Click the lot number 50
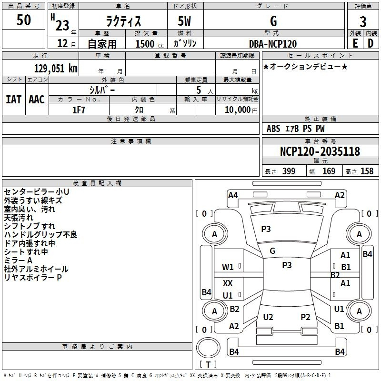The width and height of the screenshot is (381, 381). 23,20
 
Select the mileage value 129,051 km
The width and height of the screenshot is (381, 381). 56,68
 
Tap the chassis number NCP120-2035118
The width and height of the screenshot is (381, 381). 320,151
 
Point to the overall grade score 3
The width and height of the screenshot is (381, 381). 363,22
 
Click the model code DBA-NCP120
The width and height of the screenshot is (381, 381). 273,44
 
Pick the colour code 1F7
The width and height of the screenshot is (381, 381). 79,110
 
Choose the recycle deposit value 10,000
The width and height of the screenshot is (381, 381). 237,110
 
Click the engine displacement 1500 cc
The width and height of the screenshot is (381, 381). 150,44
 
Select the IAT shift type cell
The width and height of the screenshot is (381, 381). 14,100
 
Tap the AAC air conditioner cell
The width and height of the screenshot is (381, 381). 37,100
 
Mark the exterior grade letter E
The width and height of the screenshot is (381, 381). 355,43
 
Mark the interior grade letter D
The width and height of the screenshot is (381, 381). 371,43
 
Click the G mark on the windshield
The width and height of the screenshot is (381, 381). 272,251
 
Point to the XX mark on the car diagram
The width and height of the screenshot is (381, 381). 228,283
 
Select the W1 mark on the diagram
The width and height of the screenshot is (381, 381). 228,267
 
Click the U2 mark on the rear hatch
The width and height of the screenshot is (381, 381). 268,317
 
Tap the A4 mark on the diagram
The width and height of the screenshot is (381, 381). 233,195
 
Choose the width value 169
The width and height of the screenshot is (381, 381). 329,171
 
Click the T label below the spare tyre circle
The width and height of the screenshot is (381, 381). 208,364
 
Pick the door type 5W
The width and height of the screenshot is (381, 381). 184,21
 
